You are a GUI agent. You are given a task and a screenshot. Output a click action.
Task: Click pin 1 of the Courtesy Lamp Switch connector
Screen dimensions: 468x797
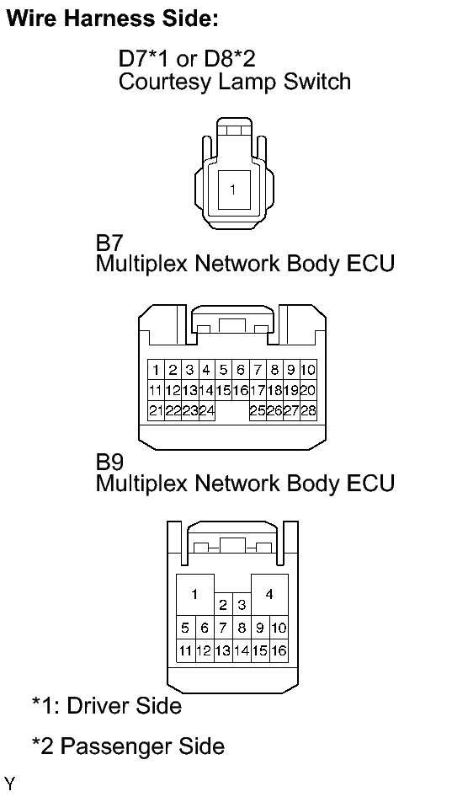(x=234, y=190)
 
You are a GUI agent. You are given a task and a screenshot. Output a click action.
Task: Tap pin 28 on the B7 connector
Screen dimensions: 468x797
(x=308, y=410)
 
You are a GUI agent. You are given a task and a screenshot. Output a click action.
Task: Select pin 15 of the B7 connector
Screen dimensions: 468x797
(x=223, y=390)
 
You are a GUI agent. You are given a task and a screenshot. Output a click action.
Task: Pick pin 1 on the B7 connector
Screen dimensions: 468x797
(x=156, y=370)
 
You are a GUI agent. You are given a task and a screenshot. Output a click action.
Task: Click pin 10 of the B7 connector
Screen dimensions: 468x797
(x=308, y=370)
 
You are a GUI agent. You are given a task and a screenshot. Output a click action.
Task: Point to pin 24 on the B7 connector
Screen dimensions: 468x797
(x=206, y=410)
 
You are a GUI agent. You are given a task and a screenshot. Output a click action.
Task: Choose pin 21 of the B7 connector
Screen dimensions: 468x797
(x=156, y=410)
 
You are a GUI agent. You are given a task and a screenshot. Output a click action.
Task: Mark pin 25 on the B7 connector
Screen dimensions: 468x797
(x=258, y=410)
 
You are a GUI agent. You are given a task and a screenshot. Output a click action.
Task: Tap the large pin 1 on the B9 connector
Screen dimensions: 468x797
(x=195, y=595)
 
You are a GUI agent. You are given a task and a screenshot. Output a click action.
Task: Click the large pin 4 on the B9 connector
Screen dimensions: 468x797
(x=269, y=595)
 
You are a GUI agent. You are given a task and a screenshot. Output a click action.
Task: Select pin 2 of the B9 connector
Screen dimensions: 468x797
(x=223, y=604)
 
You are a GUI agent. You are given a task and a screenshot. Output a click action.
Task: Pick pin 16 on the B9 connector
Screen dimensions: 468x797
(x=279, y=650)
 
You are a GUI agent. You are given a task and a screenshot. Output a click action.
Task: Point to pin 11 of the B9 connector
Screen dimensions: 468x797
(x=186, y=650)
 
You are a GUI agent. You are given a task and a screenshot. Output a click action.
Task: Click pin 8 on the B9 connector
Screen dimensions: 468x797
(x=242, y=628)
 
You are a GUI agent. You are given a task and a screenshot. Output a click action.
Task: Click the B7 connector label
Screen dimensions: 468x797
(x=109, y=243)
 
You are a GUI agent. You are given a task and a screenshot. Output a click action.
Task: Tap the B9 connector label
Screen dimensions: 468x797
(x=109, y=462)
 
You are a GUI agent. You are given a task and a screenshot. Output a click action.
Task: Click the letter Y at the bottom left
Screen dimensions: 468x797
(x=9, y=784)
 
